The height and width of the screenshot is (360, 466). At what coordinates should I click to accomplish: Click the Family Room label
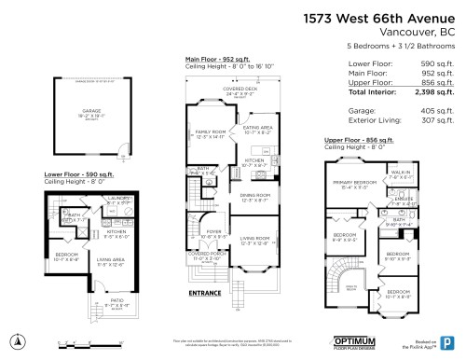[x=208, y=134]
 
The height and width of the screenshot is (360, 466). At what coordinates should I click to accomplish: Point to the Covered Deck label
[x=240, y=90]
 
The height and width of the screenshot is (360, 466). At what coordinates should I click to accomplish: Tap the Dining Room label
[x=255, y=197]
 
